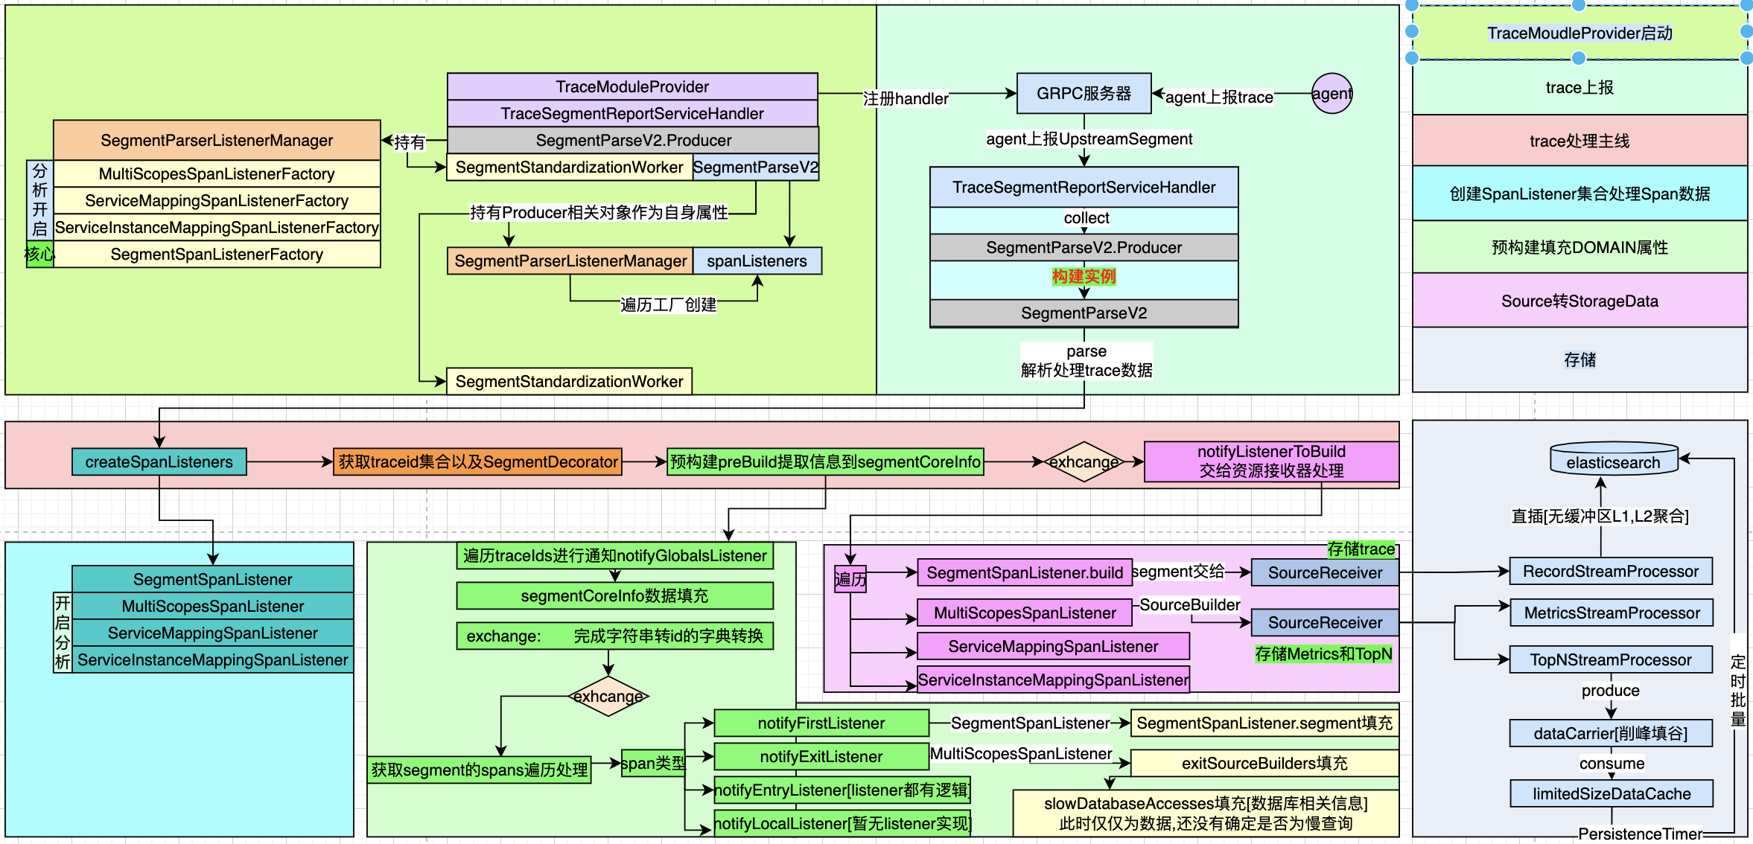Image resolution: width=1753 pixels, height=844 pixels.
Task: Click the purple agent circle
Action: [x=1332, y=94]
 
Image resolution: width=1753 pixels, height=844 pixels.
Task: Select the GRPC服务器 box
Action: [x=1084, y=94]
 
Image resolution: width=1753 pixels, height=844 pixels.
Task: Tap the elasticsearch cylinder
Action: [x=1613, y=459]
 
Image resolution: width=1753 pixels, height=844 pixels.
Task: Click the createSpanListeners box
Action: [x=159, y=462]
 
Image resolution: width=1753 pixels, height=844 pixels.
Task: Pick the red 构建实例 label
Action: [x=1084, y=277]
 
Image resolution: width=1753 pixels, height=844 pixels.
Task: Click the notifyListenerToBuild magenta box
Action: [x=1270, y=461]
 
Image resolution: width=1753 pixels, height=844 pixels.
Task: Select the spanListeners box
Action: [x=757, y=261]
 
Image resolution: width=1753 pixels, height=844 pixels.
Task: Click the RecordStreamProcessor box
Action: [x=1610, y=572]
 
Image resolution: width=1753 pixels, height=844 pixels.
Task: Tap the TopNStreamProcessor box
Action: [x=1610, y=660]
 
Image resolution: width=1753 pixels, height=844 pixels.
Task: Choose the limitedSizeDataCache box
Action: [x=1611, y=794]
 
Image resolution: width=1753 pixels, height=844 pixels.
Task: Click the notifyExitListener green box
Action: [x=821, y=757]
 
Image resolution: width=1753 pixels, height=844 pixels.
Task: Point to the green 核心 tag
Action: [x=39, y=255]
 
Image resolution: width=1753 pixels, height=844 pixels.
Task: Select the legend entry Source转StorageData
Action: [x=1579, y=301]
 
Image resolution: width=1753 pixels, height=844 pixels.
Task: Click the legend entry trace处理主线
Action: [x=1579, y=141]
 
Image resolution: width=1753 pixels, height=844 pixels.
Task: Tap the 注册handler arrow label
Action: [x=906, y=99]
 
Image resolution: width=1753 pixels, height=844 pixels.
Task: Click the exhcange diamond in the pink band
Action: [x=1084, y=462]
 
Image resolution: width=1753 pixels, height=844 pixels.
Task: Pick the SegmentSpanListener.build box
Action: [x=1024, y=573]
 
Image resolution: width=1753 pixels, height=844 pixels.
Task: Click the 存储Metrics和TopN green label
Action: [x=1323, y=654]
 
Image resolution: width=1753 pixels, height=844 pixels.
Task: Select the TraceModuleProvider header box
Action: [x=632, y=87]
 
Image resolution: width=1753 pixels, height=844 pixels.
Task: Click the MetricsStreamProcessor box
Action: [x=1611, y=613]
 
